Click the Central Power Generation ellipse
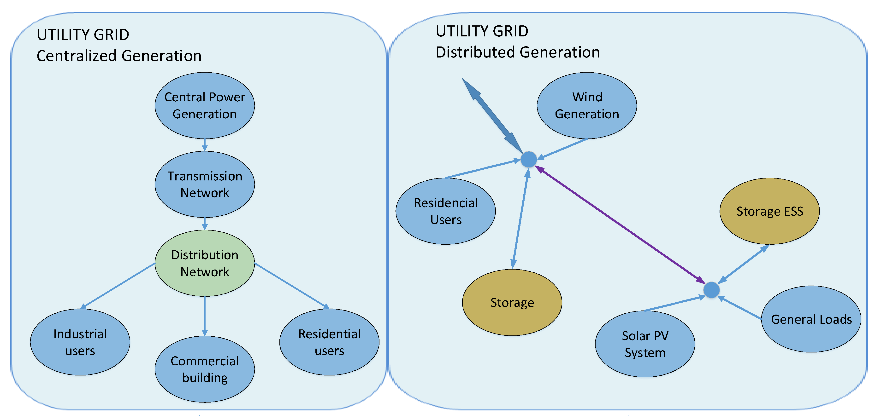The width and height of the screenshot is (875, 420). (205, 105)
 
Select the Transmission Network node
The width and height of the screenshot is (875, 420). (205, 184)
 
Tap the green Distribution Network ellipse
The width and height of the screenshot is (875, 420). (205, 263)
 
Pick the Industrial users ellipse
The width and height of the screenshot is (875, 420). (80, 342)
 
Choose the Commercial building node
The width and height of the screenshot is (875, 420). (205, 369)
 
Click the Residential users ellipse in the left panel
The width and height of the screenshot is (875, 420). (329, 342)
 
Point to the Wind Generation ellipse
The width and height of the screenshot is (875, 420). (587, 105)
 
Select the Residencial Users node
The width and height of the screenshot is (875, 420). (446, 211)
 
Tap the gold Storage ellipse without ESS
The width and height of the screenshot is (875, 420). (512, 302)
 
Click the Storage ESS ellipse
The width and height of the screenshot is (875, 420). (769, 211)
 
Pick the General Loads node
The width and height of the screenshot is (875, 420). (811, 319)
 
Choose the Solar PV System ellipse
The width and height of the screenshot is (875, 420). (645, 344)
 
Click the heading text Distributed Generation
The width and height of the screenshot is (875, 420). (517, 52)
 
